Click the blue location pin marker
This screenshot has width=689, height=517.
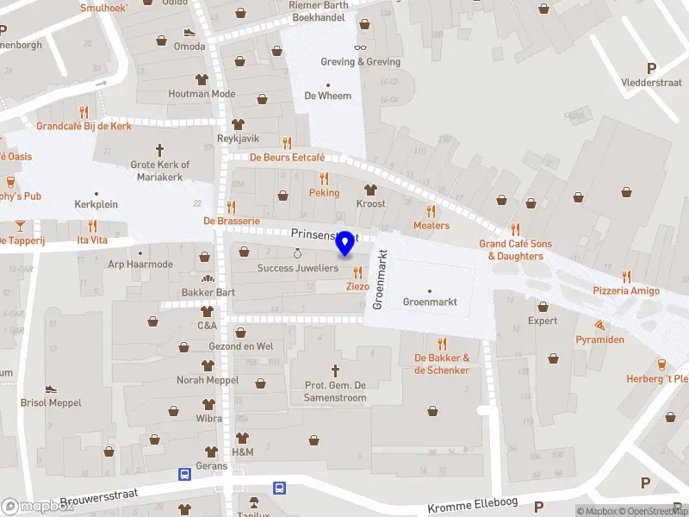coord(345,243)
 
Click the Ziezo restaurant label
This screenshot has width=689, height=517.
coord(357,286)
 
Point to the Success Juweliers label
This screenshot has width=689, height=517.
coord(298,268)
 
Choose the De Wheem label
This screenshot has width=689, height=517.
coord(328,96)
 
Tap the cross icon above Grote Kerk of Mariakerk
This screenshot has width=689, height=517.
coord(159,149)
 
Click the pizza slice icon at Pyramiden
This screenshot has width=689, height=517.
coord(599,326)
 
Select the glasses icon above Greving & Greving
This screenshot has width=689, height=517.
coord(360,48)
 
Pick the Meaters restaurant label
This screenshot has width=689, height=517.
coord(431,226)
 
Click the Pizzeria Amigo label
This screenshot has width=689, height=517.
coord(626,290)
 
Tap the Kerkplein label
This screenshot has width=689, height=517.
coord(95,207)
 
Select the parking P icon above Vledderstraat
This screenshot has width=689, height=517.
coord(651,69)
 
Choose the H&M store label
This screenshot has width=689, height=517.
coord(242,452)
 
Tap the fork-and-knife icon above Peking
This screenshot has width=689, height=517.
coord(324,178)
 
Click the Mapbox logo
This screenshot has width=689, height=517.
coord(38,507)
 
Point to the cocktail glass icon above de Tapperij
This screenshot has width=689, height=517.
coord(20,226)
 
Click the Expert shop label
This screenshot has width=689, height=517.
coord(543,321)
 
